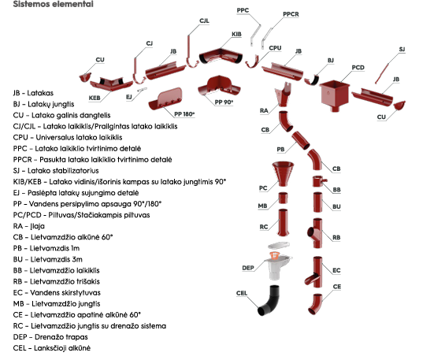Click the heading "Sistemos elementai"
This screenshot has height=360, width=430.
pos(54,4)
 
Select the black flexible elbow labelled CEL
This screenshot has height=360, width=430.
pos(269,300)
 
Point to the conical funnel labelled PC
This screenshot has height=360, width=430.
pos(283,173)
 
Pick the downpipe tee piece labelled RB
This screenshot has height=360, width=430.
pos(316,233)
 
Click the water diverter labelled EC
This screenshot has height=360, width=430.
pos(315,272)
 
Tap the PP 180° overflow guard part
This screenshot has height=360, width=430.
pos(166,98)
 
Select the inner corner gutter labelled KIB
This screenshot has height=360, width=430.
pos(221,56)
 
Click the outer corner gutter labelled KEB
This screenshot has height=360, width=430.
pos(111,84)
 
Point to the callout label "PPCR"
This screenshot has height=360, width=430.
pos(291,14)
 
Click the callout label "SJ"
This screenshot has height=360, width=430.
pos(402,50)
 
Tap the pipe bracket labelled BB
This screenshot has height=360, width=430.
pos(319,181)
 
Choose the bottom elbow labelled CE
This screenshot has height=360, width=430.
pos(315,304)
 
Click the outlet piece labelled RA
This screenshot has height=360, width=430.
pos(284,94)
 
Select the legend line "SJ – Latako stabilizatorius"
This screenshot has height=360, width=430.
pos(56,171)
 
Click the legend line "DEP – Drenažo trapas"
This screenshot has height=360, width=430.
pos(50,337)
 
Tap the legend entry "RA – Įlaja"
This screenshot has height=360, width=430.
pos(29,226)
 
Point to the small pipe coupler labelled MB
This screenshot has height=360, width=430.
pos(283,198)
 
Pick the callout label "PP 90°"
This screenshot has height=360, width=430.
pos(224,102)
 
